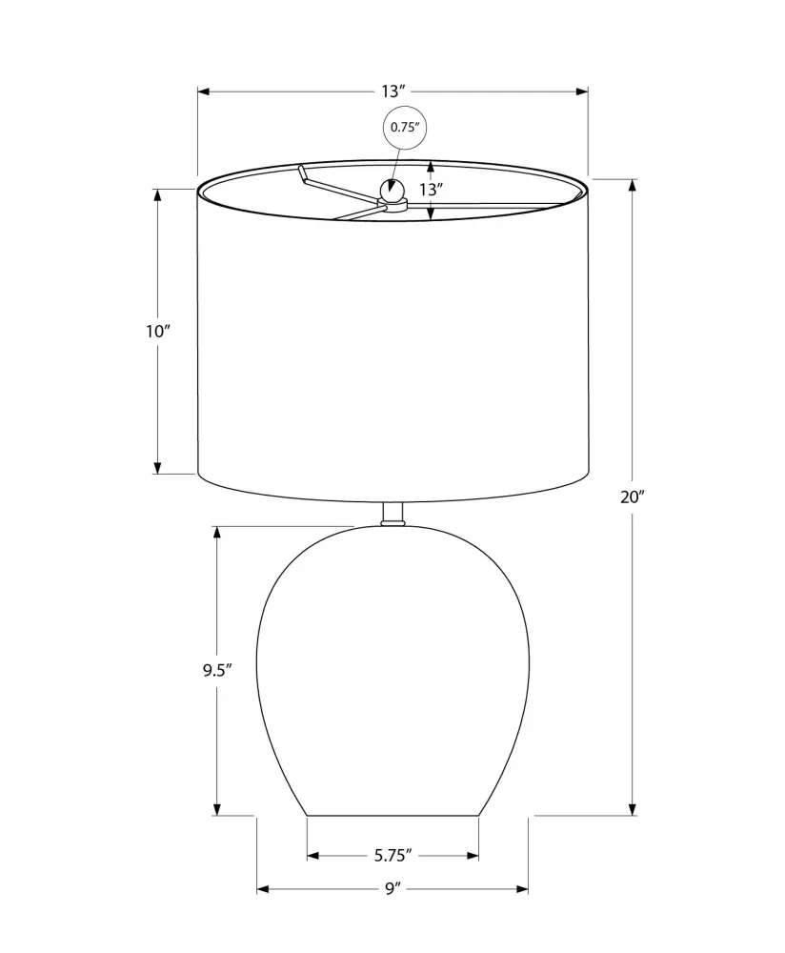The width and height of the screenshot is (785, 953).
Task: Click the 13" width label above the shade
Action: (393, 91)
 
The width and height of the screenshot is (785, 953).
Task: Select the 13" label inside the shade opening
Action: (429, 190)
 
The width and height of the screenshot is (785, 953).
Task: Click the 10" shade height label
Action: (157, 332)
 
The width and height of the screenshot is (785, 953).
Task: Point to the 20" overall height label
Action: (632, 497)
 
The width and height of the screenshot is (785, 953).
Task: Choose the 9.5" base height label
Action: (217, 670)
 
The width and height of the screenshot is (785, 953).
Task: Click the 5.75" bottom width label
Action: (393, 856)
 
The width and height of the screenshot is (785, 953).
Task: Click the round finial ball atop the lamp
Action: (392, 191)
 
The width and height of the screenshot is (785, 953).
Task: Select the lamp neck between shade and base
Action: (393, 515)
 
